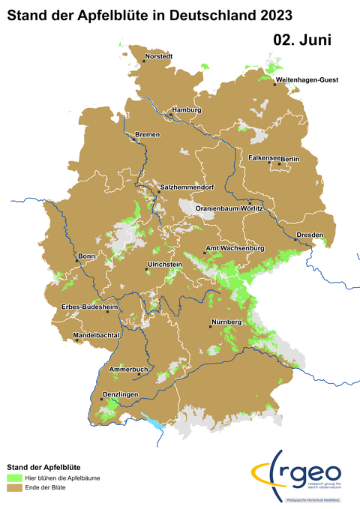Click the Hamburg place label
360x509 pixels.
coord(187,110)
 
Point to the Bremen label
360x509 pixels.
coord(148,135)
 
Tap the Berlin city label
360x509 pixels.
coord(290,159)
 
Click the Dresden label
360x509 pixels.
coord(310,235)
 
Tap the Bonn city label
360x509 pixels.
coord(86,256)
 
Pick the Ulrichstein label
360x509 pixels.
coord(166,265)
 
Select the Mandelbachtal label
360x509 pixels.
coord(97,335)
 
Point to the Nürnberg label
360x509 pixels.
coord(226,322)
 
